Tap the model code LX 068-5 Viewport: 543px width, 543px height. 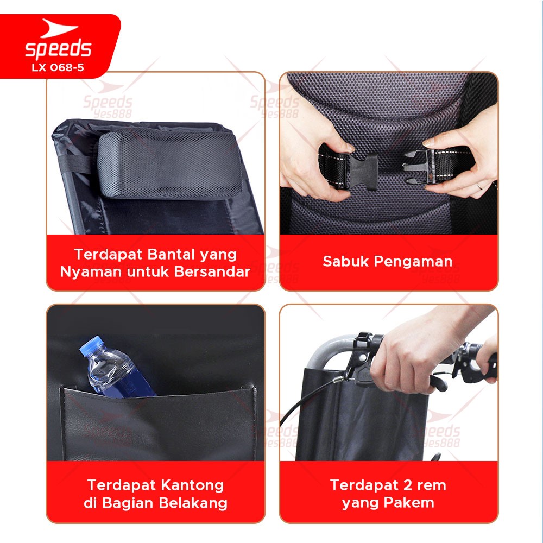pos(58,67)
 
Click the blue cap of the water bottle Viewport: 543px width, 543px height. pos(91,345)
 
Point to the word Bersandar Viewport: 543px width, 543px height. pos(212,271)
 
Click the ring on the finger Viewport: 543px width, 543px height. pos(480,186)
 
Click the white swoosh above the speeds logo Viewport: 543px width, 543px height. pos(58,28)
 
